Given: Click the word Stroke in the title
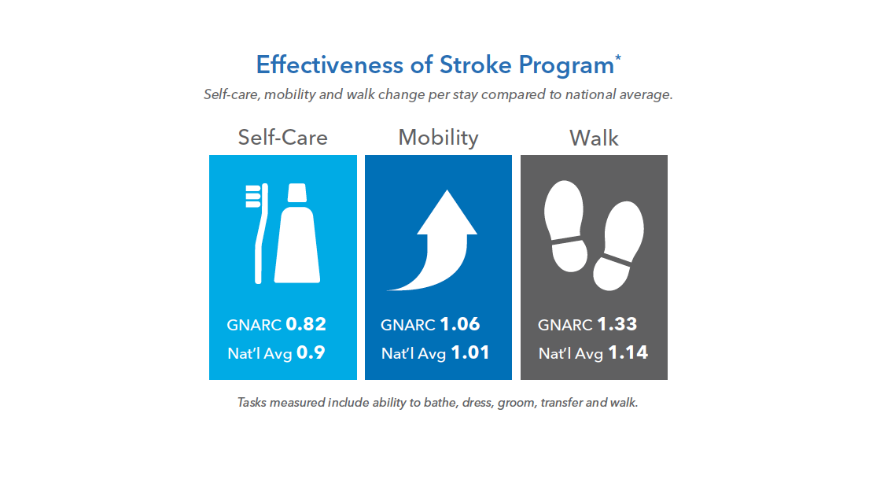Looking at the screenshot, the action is pos(475,65).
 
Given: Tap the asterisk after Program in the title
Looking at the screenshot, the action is pos(618,57).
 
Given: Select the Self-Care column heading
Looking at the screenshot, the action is pos(283,138).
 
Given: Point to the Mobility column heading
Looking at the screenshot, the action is pos(438,138).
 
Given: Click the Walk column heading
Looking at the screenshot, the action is pos(594,138).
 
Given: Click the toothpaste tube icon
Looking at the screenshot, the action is pos(297,233).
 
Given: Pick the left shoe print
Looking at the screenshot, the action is pos(565,226).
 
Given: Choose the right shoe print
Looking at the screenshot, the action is pos(618,246).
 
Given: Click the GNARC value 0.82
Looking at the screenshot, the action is pos(306,324).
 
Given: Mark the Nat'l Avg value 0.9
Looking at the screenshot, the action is pos(311,352).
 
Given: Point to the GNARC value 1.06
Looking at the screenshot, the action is pos(460,324).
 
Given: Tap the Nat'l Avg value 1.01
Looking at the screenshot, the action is pos(470,352).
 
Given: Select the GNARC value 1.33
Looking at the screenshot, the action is pos(617,324).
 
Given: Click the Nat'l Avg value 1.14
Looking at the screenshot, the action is pos(628,352).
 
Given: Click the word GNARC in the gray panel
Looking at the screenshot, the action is pos(565,325).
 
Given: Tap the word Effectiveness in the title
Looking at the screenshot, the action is pos(330,65).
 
